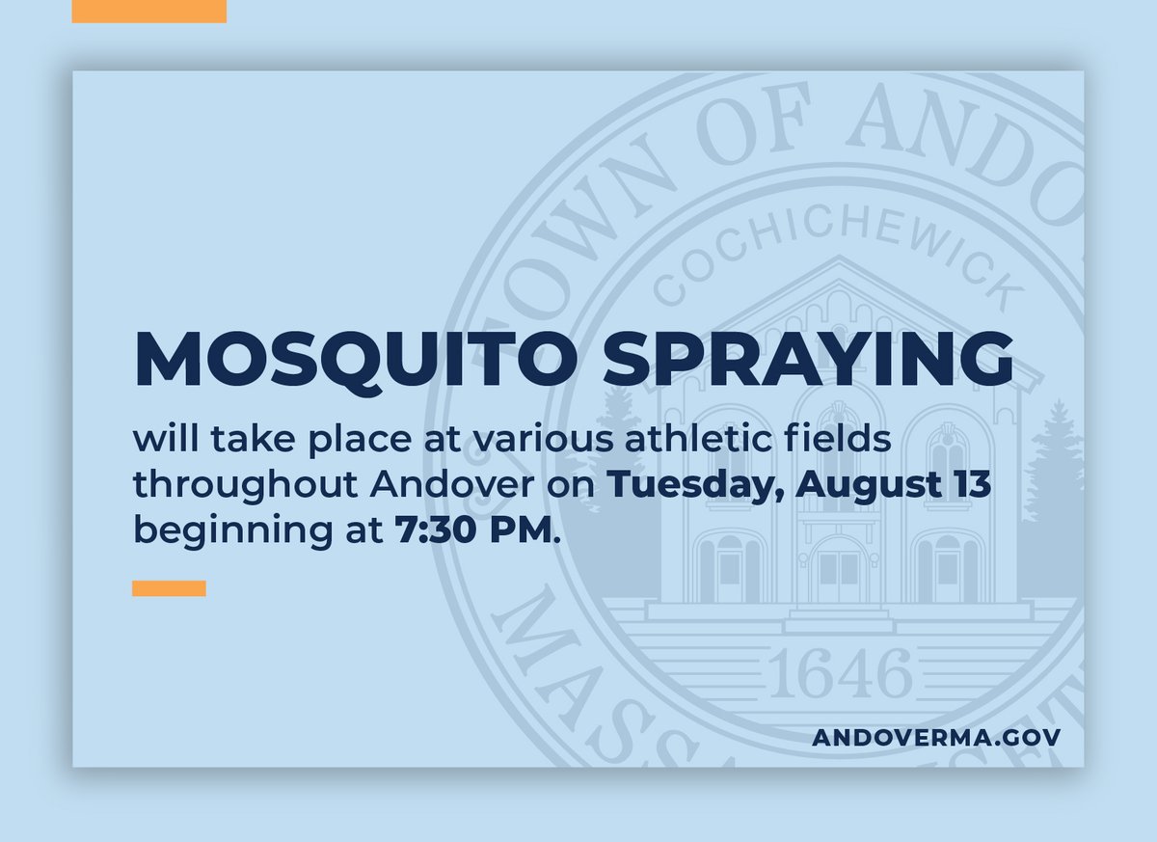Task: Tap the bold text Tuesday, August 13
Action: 798,485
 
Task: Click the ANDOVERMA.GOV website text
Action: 936,737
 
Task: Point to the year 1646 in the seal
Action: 840,673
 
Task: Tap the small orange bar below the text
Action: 169,588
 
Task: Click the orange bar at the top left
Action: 148,12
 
